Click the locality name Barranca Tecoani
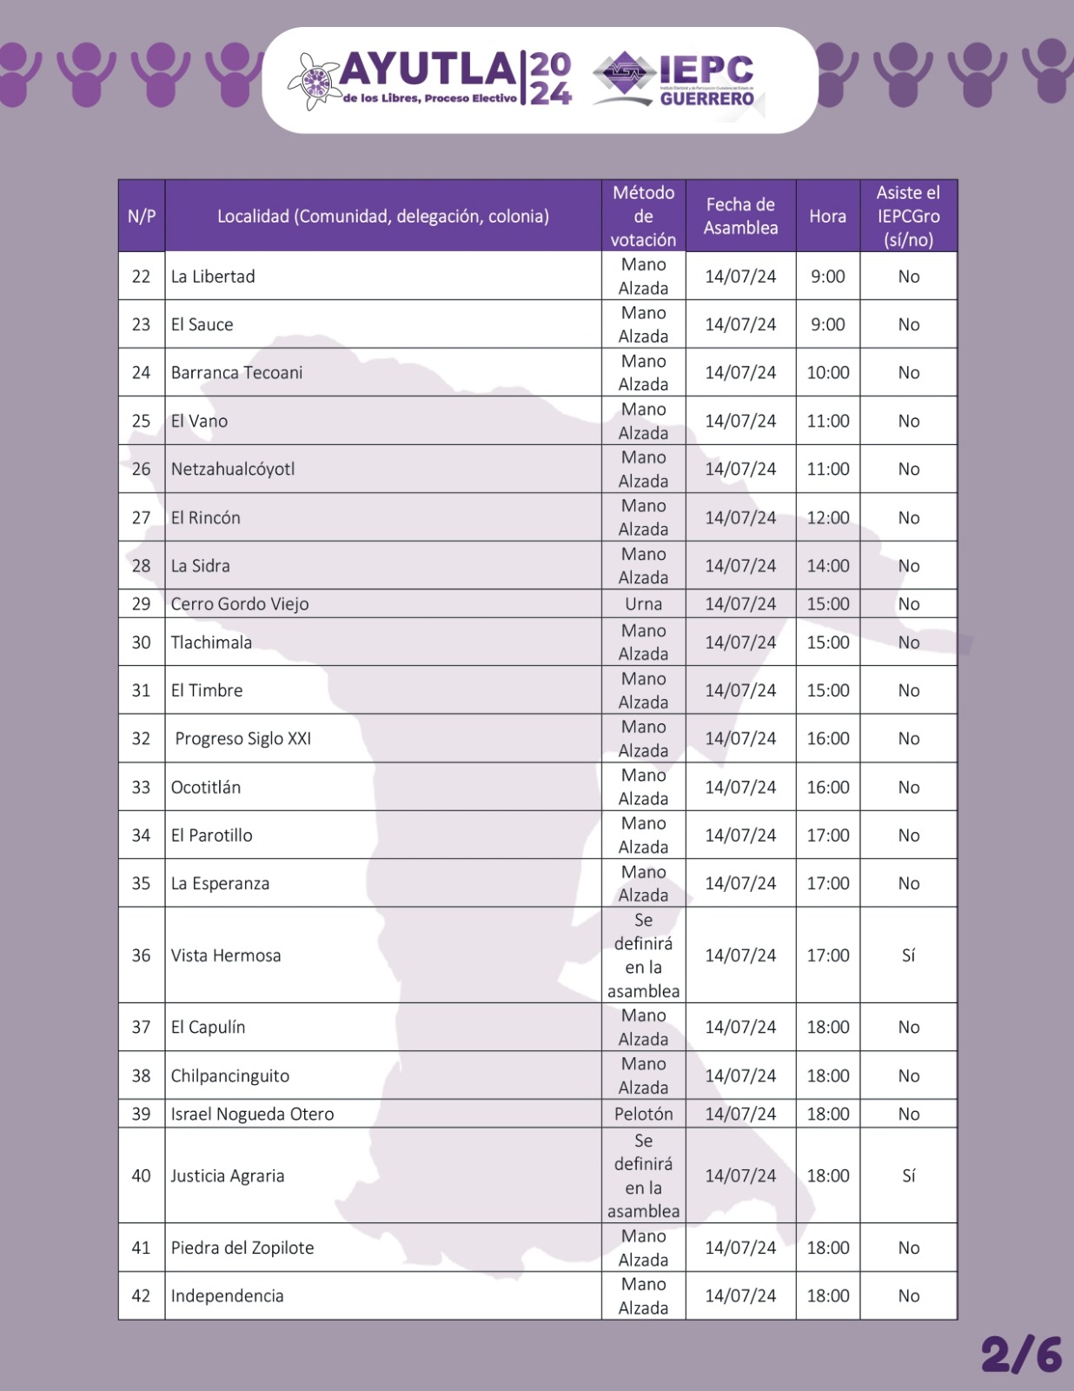(x=236, y=373)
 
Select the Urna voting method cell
(x=643, y=604)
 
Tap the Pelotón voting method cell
(x=643, y=1114)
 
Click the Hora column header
(x=827, y=216)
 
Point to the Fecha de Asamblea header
(x=740, y=216)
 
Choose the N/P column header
(x=142, y=216)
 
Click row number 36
(x=141, y=955)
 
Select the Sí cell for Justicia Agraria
(x=908, y=1176)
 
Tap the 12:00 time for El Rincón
(x=827, y=518)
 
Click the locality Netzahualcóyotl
(x=233, y=469)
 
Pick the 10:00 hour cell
(x=827, y=373)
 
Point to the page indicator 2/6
(x=1021, y=1354)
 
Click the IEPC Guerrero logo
(x=674, y=80)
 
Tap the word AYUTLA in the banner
(x=428, y=70)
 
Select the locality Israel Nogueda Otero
(x=252, y=1114)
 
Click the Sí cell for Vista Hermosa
(x=908, y=955)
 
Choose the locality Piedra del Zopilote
(x=242, y=1248)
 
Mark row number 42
(x=141, y=1296)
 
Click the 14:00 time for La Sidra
(x=827, y=566)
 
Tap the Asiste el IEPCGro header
(x=908, y=216)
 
